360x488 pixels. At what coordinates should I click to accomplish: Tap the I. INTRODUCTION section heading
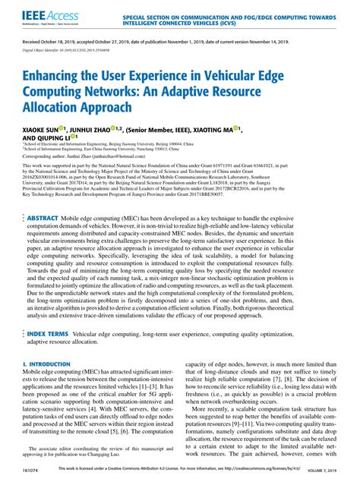click(48, 364)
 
